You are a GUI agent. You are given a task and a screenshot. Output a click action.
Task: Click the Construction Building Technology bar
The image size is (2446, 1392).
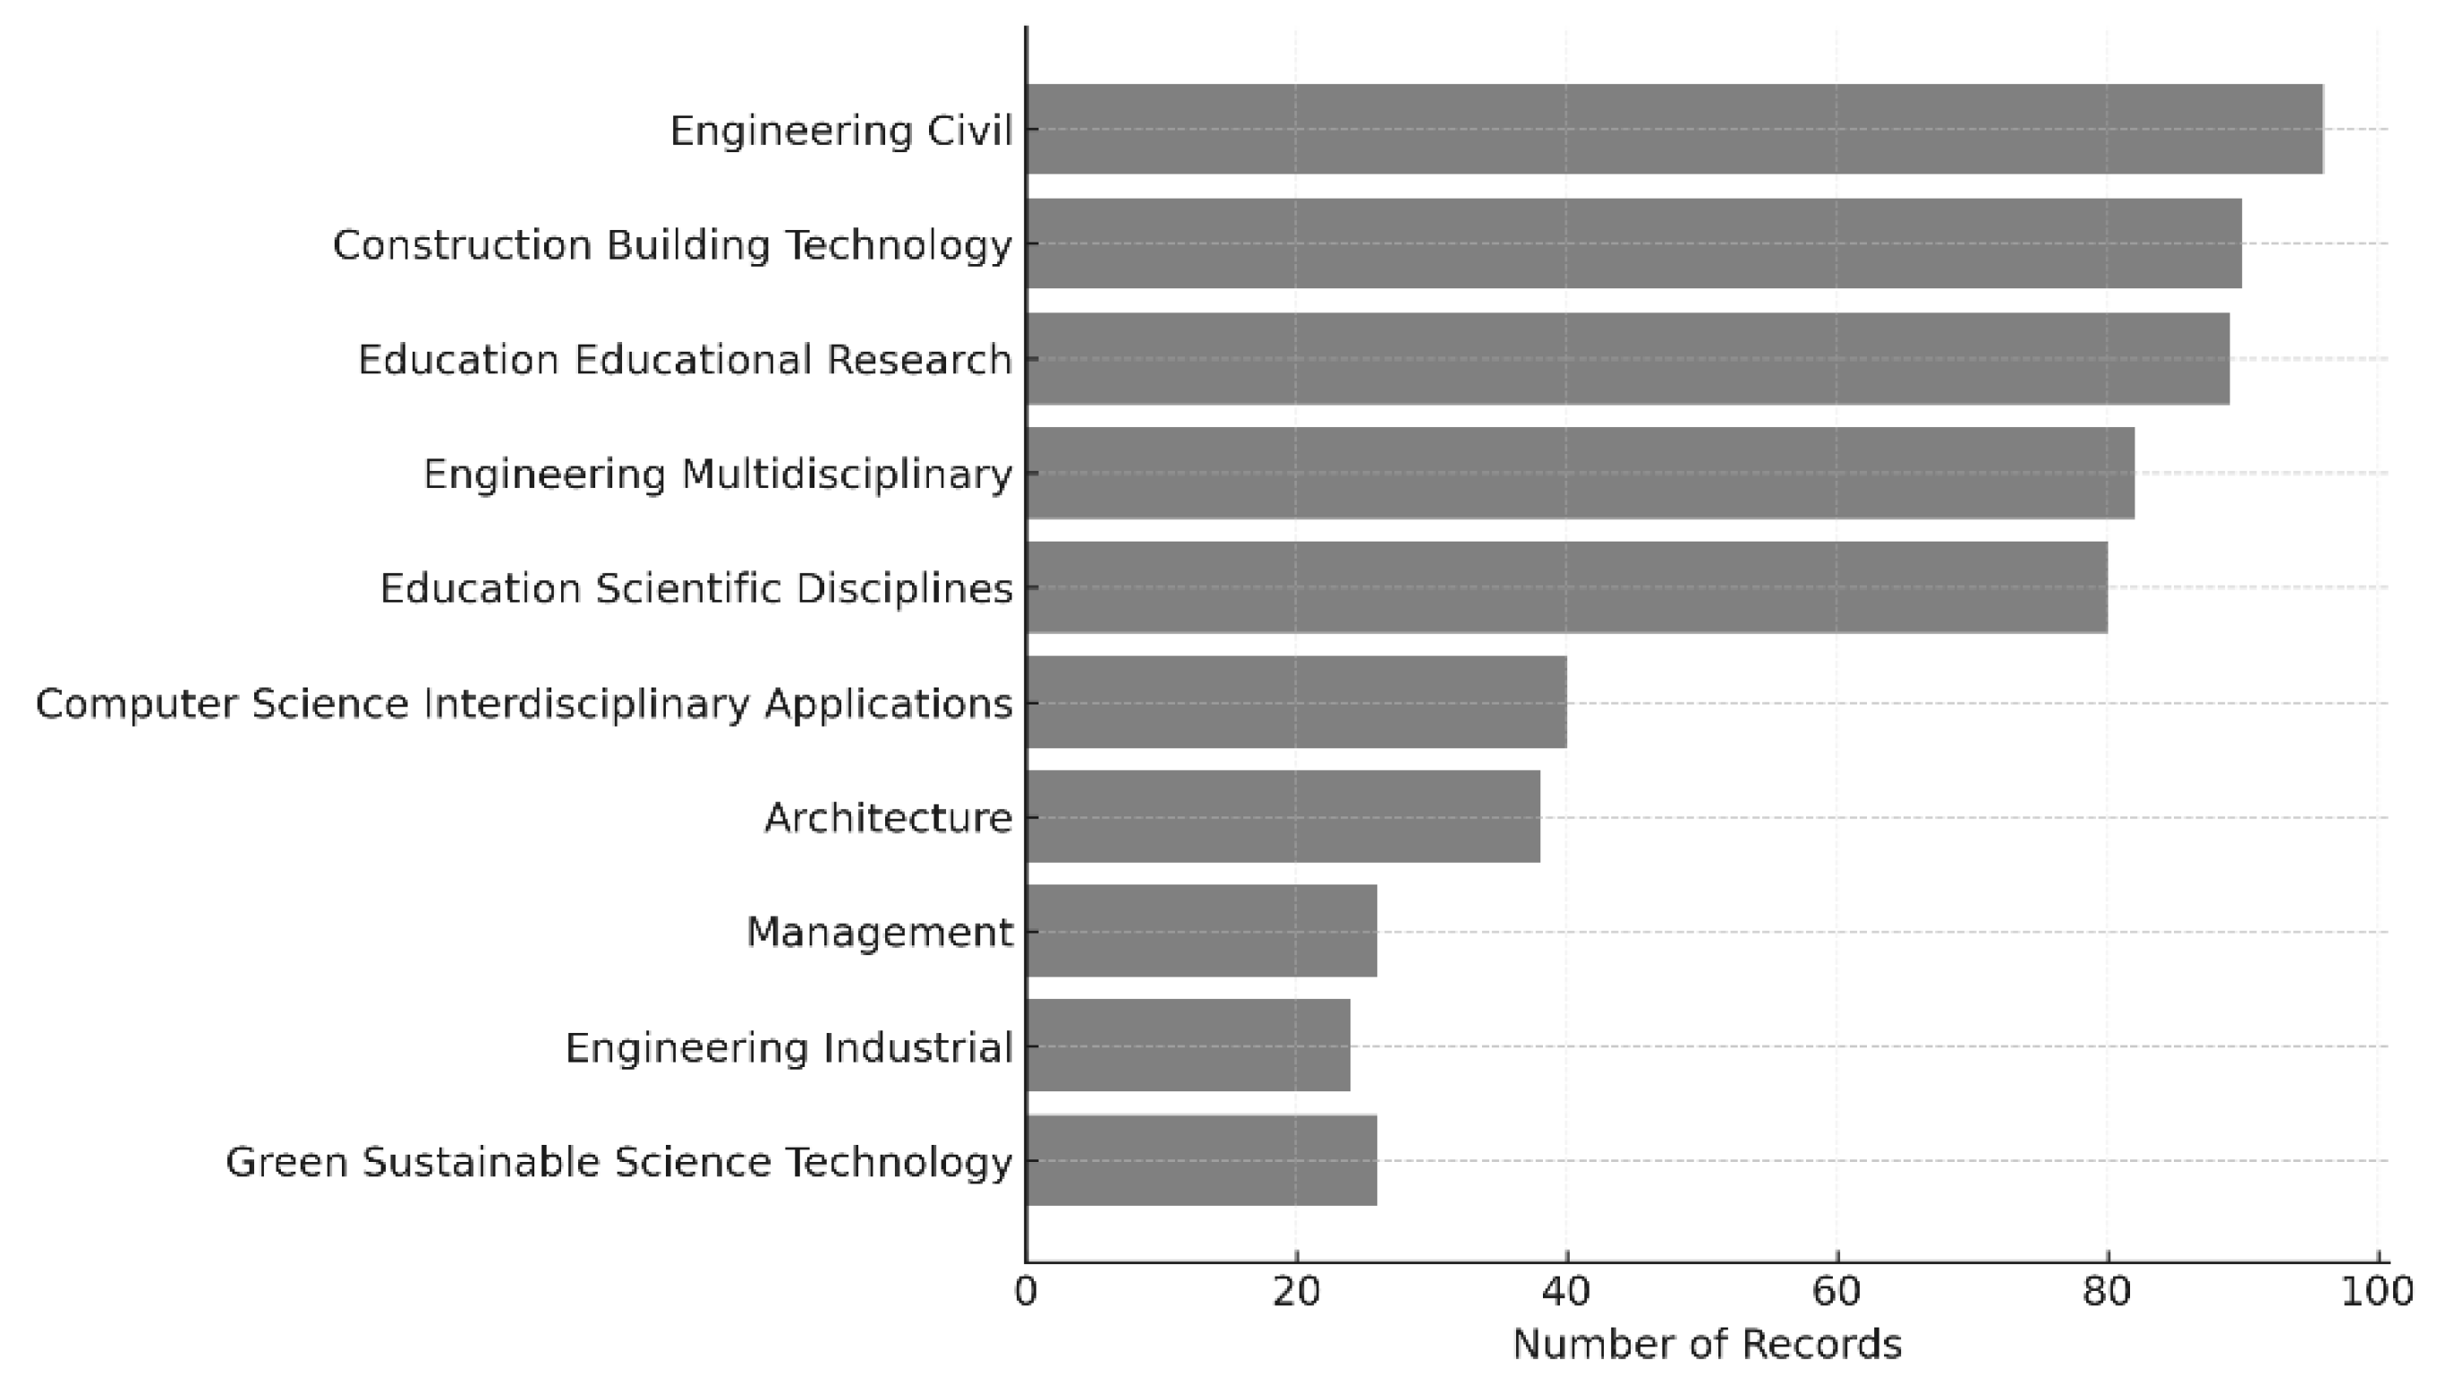coord(1633,243)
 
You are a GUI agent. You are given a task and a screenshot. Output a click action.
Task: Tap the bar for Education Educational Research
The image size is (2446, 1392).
coord(1628,358)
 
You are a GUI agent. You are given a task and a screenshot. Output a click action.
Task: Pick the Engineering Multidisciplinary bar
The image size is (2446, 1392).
coord(1580,474)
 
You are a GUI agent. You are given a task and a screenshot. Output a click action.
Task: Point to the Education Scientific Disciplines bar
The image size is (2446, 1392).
coord(1566,587)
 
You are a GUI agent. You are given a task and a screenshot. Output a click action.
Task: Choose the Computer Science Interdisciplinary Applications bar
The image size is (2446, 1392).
coord(1296,702)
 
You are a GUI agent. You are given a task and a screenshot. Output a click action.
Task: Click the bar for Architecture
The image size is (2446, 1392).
coord(1283,816)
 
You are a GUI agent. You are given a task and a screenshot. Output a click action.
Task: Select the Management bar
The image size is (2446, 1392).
coord(1201,931)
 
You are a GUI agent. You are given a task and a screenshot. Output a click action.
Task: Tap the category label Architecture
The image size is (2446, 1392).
coord(888,818)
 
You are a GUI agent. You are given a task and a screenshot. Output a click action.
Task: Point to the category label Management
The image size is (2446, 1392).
coord(880,932)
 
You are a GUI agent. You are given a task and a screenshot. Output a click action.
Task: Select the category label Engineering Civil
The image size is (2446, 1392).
coord(841,131)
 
